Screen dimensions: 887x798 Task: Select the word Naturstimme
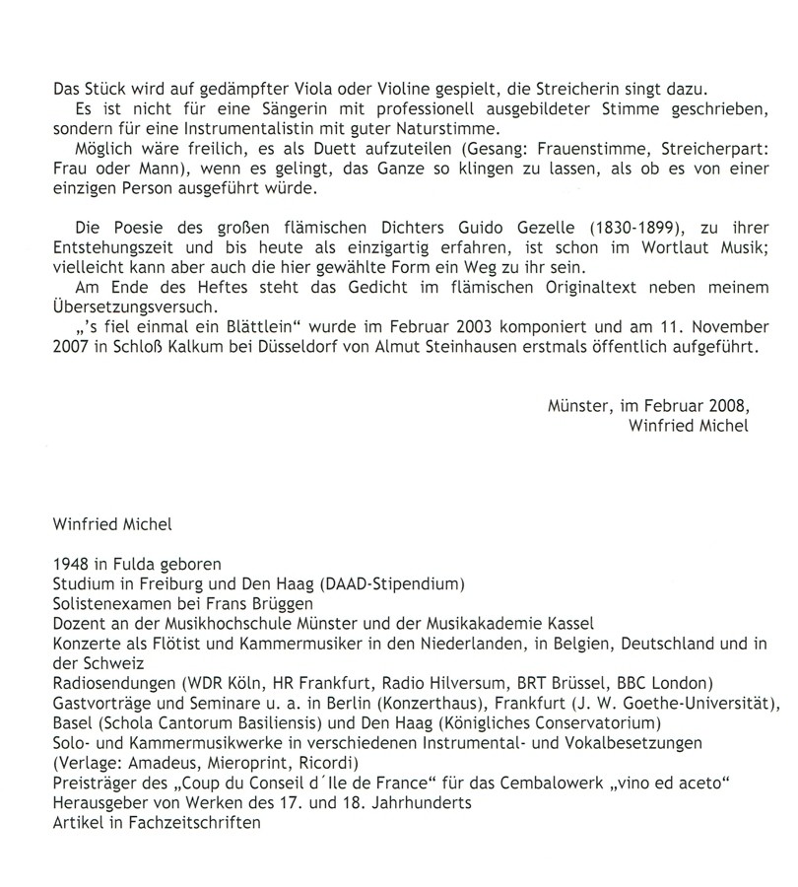(x=395, y=130)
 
